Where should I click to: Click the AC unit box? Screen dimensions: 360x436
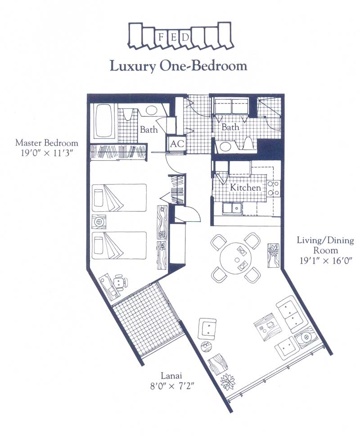(177, 144)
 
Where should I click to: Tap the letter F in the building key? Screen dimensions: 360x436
(161, 37)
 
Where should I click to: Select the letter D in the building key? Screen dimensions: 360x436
(186, 37)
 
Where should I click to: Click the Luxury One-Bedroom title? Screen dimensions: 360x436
(179, 66)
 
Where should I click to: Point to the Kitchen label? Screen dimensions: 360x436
(245, 188)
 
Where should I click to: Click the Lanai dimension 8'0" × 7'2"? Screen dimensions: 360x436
(171, 386)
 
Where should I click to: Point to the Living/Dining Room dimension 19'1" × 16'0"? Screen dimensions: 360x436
(326, 261)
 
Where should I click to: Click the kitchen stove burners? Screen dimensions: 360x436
(273, 188)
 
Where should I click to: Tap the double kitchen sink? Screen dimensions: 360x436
(232, 208)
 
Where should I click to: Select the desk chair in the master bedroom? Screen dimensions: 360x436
(120, 281)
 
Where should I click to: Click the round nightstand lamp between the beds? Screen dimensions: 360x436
(99, 222)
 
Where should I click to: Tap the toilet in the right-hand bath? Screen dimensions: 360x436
(248, 143)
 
